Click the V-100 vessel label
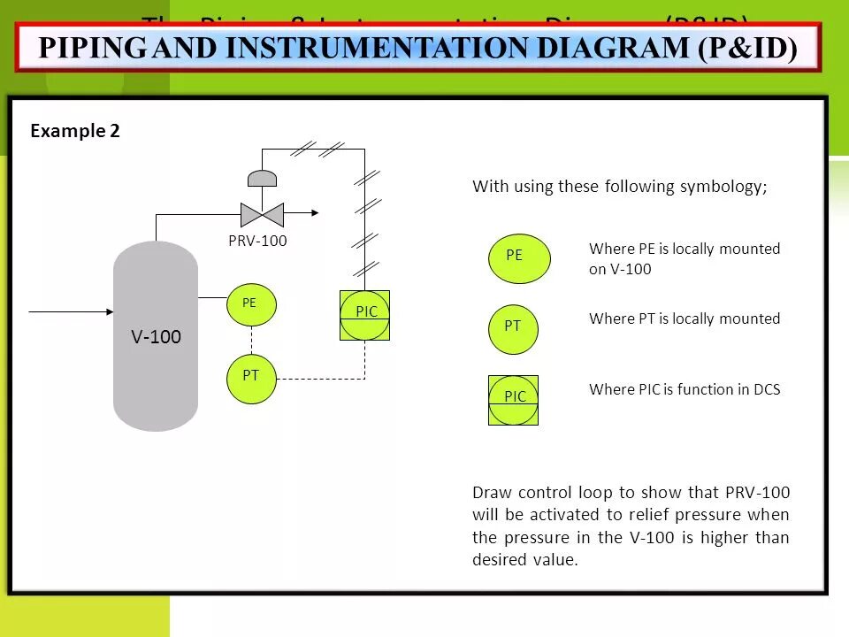click(x=156, y=337)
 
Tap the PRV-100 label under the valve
click(x=257, y=241)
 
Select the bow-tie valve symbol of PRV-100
click(x=262, y=214)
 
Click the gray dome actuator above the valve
click(x=262, y=178)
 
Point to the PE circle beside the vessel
click(x=251, y=303)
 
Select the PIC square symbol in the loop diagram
click(x=365, y=315)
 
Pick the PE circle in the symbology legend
click(x=519, y=258)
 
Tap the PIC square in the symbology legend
click(x=514, y=400)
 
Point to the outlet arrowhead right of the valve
click(x=312, y=213)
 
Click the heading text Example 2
click(x=75, y=131)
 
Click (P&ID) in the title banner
click(x=747, y=48)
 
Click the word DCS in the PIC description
click(x=766, y=389)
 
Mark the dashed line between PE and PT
click(x=252, y=339)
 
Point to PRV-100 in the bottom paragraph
click(x=757, y=493)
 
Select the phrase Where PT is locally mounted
click(x=685, y=318)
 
